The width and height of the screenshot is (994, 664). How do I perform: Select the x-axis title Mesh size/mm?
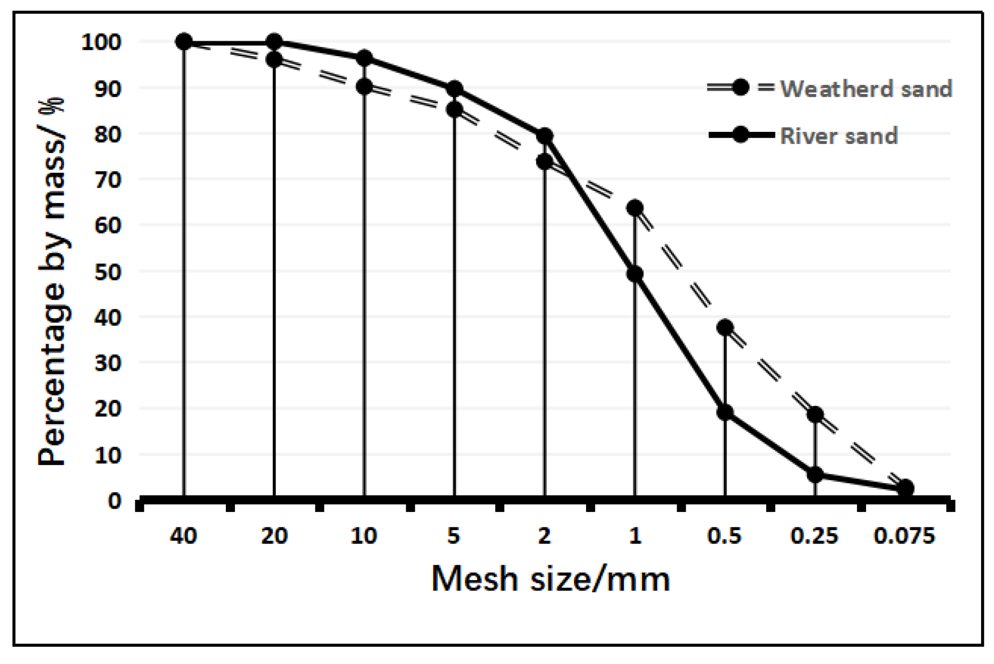(x=550, y=579)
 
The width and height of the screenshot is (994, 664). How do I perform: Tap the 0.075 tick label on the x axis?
(x=904, y=535)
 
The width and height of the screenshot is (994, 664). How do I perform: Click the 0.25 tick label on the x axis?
(x=814, y=535)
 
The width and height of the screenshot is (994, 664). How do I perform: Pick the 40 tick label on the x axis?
(x=183, y=535)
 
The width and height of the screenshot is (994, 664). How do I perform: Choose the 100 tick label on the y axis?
(x=101, y=42)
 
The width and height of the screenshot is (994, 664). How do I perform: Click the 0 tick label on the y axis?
(x=115, y=501)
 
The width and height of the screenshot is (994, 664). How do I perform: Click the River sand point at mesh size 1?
(x=635, y=274)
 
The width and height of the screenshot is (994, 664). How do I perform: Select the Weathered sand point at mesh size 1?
(x=635, y=208)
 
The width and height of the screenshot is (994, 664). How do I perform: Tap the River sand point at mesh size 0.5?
(x=725, y=412)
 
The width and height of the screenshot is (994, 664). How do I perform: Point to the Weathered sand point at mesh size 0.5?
(x=725, y=328)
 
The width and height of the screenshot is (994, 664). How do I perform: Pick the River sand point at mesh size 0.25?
(x=815, y=475)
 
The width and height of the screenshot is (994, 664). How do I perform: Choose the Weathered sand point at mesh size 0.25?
(x=815, y=414)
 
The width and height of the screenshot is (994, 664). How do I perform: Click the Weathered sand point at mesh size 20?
(x=274, y=59)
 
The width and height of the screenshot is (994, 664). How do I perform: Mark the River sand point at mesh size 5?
(x=455, y=89)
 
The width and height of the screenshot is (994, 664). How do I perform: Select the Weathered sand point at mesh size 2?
(x=544, y=162)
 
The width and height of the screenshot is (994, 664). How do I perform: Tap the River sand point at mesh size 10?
(x=364, y=58)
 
